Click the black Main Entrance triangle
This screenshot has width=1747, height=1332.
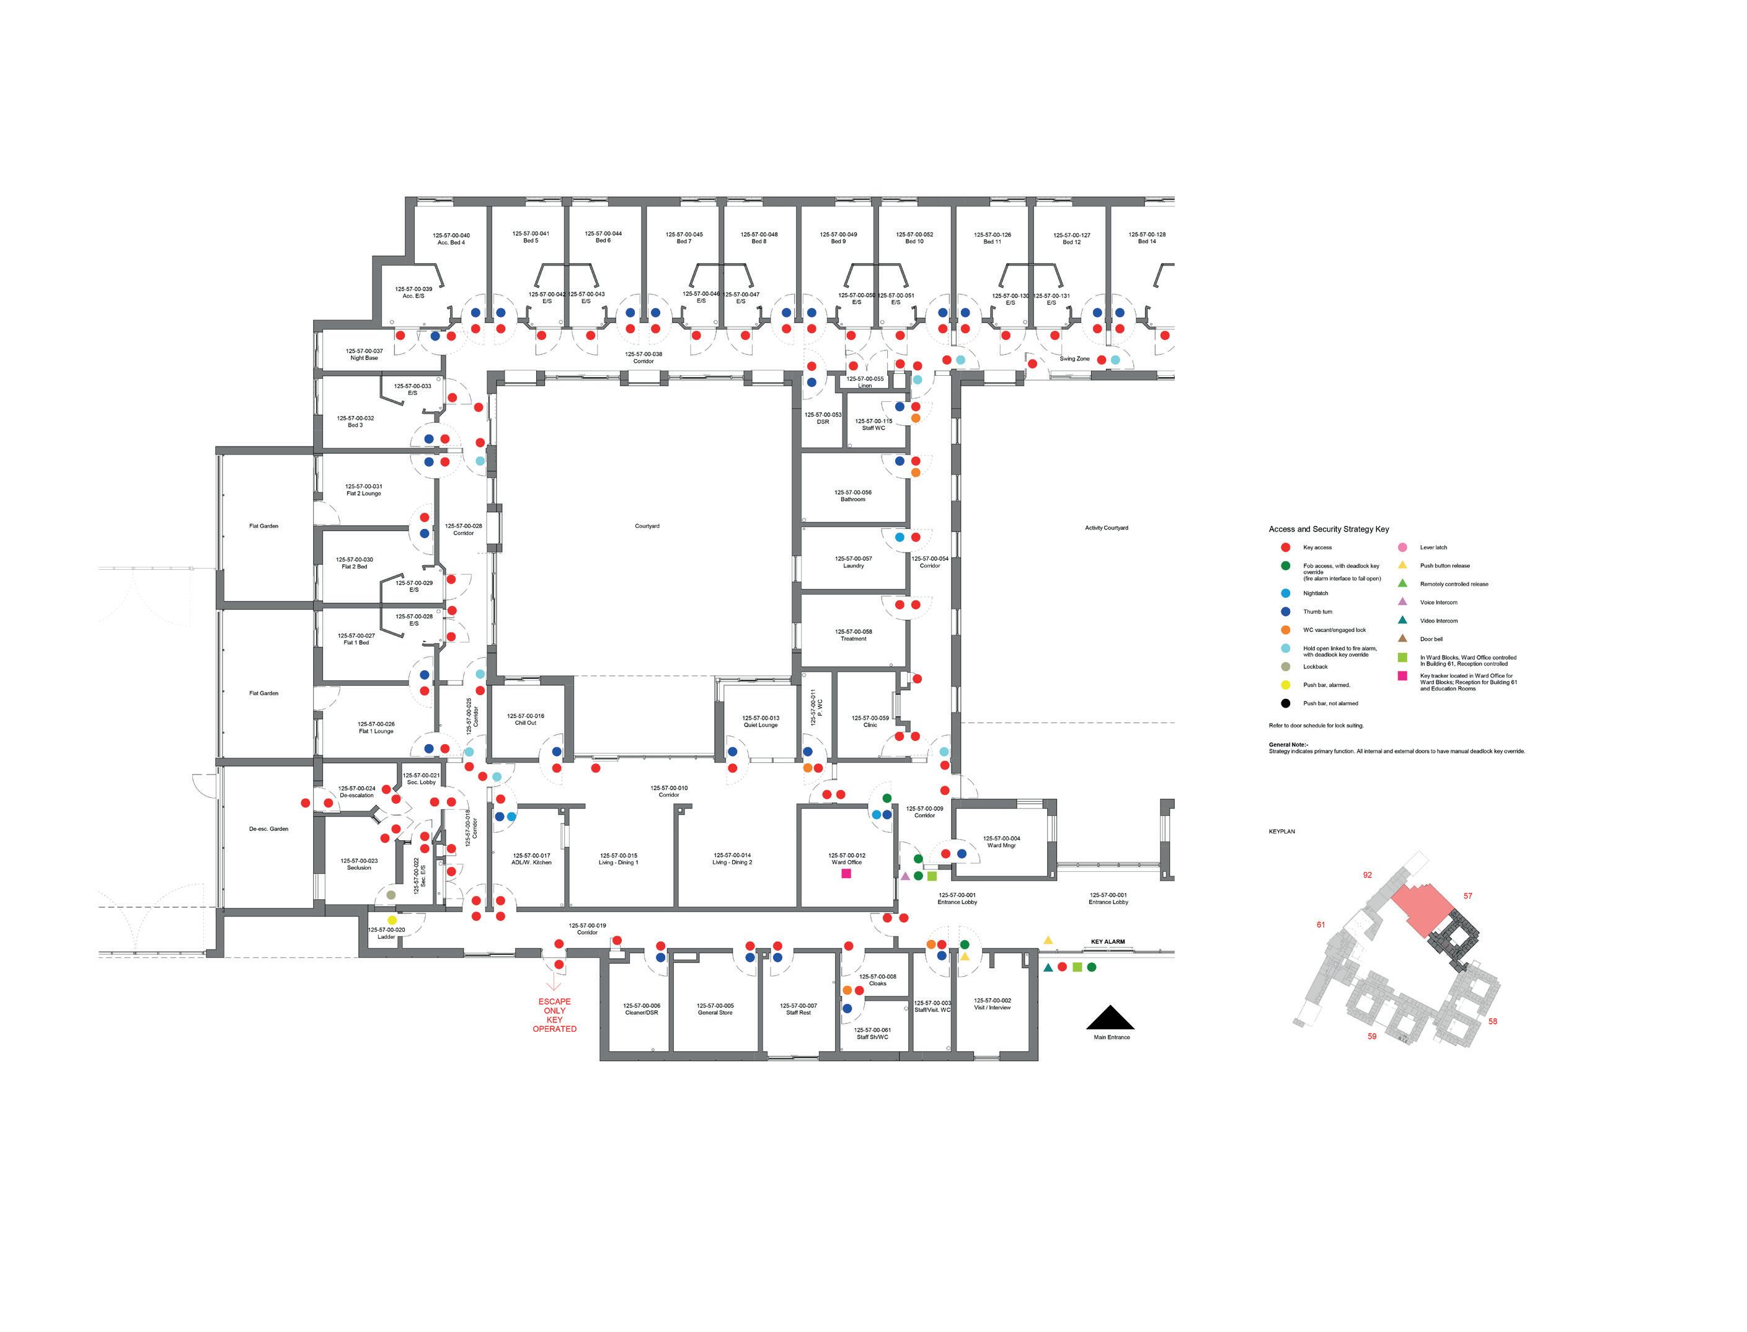click(1110, 1017)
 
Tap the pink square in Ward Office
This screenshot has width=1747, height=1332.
click(846, 873)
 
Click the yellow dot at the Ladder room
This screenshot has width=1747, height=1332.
click(392, 920)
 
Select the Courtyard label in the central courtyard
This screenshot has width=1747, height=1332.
click(647, 526)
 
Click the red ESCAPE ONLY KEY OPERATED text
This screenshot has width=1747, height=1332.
click(554, 1015)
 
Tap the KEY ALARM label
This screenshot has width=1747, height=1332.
click(1107, 942)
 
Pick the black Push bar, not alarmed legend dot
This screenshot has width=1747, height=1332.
click(1286, 703)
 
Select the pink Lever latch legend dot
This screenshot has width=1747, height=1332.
click(1402, 547)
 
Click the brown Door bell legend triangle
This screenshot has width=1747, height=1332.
click(1402, 638)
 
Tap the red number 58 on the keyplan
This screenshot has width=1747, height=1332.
click(1493, 1021)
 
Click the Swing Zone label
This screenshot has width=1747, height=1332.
click(1074, 359)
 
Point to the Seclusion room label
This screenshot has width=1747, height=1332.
click(358, 864)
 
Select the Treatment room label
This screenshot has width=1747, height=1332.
click(853, 635)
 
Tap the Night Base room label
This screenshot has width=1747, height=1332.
click(364, 355)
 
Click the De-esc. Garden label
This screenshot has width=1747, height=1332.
click(268, 829)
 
